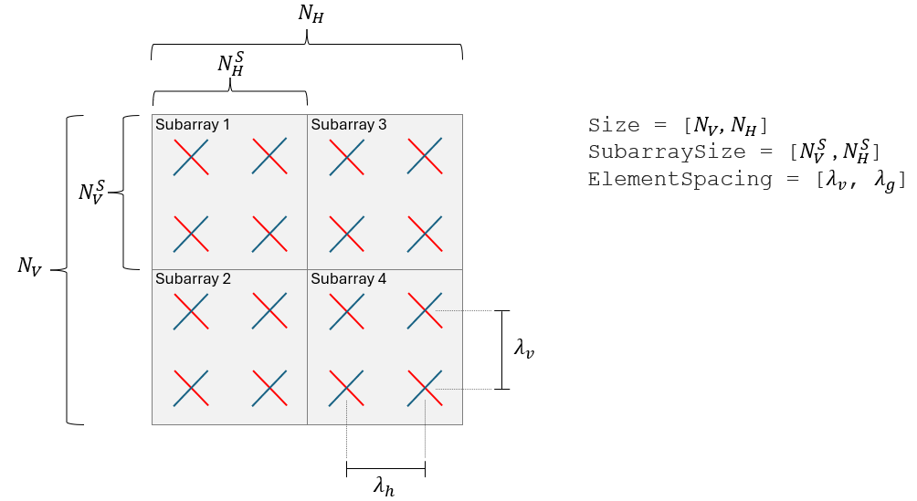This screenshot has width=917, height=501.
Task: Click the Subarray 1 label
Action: click(x=193, y=124)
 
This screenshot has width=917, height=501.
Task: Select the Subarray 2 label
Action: click(x=193, y=279)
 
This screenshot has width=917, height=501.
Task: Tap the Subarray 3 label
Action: click(x=349, y=124)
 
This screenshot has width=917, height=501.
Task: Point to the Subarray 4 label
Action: click(x=349, y=279)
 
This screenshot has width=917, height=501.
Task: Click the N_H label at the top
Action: click(x=311, y=15)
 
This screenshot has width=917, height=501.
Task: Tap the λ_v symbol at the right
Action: click(x=523, y=349)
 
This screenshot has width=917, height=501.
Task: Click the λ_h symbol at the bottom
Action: click(x=385, y=487)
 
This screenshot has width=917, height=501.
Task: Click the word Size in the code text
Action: click(x=609, y=125)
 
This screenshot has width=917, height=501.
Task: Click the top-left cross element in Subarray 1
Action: click(x=190, y=156)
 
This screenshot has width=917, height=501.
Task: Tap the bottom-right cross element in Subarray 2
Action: click(x=269, y=389)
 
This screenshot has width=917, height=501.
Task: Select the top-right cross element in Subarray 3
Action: click(x=425, y=156)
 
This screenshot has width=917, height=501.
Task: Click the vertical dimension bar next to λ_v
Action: click(x=501, y=350)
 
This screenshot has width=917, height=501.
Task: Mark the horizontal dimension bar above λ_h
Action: click(x=385, y=470)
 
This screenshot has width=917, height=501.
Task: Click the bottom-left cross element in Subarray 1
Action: click(x=190, y=234)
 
